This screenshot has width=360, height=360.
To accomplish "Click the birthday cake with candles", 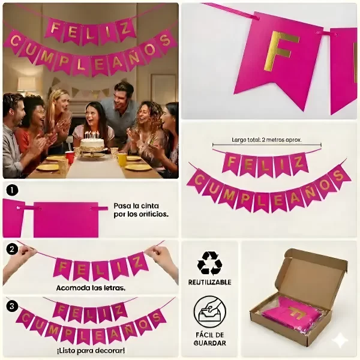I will point(92,143).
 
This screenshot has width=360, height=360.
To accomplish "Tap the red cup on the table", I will point(70,157).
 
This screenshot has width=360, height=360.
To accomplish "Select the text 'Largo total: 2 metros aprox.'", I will point(267,139).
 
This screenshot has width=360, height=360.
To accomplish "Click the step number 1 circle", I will point(12,190).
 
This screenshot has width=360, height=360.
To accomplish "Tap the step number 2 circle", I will point(12,249).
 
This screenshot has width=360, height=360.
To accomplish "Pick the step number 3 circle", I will point(12,306).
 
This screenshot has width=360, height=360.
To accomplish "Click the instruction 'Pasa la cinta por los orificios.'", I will point(141,209).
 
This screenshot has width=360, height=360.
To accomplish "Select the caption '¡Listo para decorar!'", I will point(91,350).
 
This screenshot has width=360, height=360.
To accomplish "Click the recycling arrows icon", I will point(209,262).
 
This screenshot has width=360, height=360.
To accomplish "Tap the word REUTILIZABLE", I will point(209,281).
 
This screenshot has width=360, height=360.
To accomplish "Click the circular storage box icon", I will point(209,312).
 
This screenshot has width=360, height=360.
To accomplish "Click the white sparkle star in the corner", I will point(340,340).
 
